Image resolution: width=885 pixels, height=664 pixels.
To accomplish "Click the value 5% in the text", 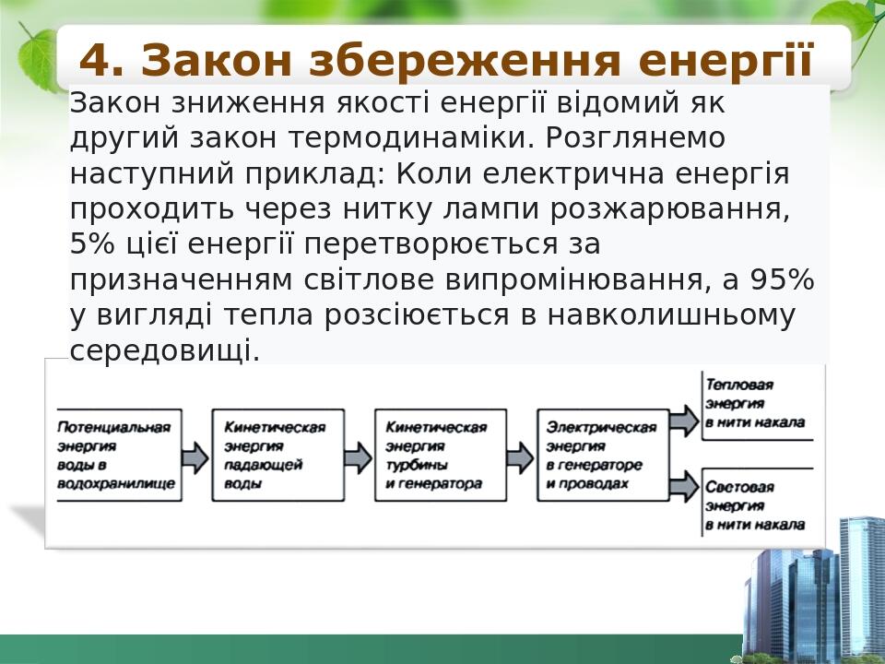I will point(89,244).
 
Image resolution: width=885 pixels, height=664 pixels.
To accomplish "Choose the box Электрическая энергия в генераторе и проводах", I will point(601,456).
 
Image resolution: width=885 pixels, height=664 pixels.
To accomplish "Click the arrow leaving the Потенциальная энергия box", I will point(195,456).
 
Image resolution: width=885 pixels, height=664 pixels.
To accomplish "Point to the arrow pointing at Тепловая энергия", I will point(684,421).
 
